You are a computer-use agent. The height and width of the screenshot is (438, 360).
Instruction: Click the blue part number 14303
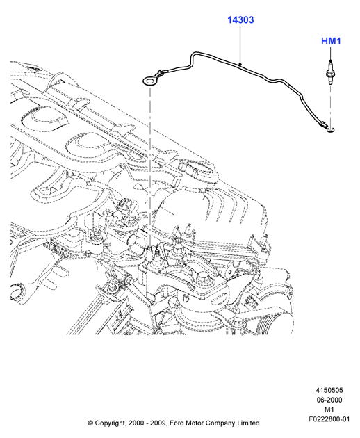coord(240,20)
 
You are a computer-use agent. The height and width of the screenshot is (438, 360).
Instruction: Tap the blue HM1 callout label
coord(331,41)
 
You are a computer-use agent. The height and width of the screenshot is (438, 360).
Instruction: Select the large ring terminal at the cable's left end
coord(149,81)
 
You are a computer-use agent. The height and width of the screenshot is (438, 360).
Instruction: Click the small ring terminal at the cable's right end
coord(331,129)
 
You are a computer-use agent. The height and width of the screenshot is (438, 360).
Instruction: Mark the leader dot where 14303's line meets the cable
coord(240,65)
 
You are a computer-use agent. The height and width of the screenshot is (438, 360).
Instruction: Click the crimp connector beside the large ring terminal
coord(159,74)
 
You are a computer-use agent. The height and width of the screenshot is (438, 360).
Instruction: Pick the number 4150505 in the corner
coord(329,390)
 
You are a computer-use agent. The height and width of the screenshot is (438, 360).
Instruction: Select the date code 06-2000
coord(329,400)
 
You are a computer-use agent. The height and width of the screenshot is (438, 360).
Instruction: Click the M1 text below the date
coord(329,409)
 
